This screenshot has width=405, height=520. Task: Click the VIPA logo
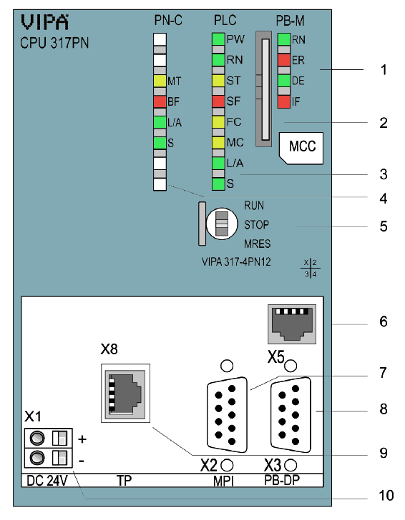45,23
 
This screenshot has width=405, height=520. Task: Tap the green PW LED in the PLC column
218,39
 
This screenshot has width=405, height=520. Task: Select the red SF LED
218,101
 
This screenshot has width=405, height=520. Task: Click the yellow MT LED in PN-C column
160,81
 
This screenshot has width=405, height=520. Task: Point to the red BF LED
160,101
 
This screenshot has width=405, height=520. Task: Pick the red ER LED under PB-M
284,60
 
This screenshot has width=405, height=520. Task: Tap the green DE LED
284,81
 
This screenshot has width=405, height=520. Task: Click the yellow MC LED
218,143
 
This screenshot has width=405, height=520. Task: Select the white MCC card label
301,148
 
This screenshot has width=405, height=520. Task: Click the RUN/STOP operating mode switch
222,224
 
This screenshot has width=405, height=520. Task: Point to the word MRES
258,244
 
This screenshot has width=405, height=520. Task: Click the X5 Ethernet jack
292,324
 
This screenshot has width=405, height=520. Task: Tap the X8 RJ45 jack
125,394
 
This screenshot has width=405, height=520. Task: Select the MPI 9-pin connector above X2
227,414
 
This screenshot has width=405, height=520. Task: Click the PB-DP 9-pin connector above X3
291,414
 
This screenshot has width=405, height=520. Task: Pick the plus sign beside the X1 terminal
82,439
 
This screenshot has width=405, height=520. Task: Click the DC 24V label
47,481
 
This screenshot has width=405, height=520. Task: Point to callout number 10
386,496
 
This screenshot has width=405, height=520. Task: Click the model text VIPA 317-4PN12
236,262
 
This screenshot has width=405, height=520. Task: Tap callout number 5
384,226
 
